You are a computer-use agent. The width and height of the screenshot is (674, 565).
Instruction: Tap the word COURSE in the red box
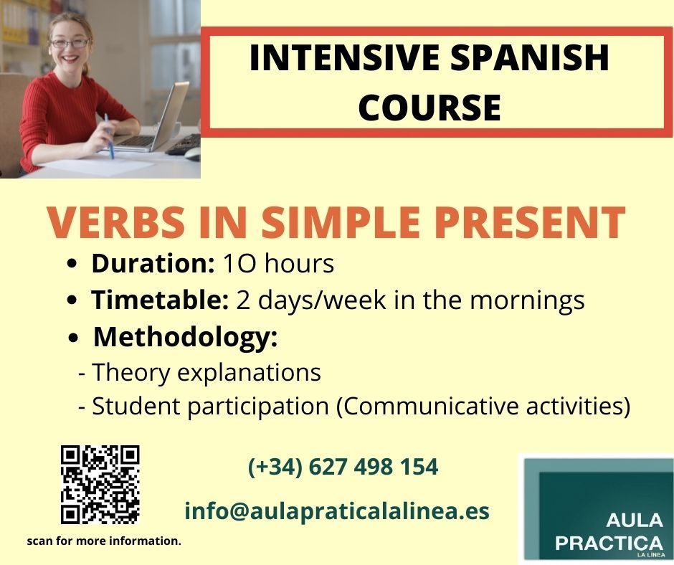click(429, 107)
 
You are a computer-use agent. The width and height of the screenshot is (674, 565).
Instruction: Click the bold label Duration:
click(153, 263)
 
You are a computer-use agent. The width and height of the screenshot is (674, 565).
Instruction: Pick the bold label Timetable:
click(160, 300)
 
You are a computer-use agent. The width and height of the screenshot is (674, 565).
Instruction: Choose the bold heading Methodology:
click(186, 338)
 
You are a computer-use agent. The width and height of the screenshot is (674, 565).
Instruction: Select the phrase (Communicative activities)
click(483, 407)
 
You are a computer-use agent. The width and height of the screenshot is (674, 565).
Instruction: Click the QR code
click(100, 485)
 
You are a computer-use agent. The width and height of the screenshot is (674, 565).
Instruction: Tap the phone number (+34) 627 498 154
click(343, 467)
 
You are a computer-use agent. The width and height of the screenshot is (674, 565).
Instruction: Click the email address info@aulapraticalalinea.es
click(337, 511)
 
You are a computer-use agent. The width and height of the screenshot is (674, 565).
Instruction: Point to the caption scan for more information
click(104, 541)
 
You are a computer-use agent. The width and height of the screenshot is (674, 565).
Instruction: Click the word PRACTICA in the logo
click(609, 543)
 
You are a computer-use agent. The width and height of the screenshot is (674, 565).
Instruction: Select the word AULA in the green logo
click(635, 521)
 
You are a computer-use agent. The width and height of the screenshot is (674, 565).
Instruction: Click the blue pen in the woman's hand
click(109, 136)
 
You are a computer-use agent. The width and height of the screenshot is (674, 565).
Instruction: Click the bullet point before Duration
click(72, 265)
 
